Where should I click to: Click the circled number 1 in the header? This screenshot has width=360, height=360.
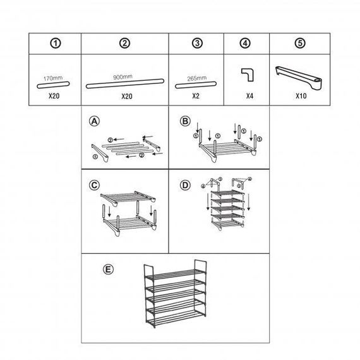pos(56,43)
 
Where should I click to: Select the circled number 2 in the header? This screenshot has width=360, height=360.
pos(124,43)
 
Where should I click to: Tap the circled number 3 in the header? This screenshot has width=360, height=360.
pos(197,43)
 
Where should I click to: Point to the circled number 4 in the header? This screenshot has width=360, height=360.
pos(245,43)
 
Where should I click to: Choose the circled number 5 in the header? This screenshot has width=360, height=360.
pos(300,43)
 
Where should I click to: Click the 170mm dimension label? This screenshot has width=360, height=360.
pos(53,78)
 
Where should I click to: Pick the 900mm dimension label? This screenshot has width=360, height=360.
pos(123,77)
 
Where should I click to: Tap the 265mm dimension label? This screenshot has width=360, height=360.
pos(197,78)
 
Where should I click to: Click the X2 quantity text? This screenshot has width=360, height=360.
pos(196,96)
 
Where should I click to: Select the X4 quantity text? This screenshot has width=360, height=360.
pos(250,96)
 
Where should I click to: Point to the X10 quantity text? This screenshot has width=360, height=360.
pos(301,96)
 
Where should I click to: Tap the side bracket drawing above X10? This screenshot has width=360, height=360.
pos(299,78)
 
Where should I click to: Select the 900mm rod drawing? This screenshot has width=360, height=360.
pos(125,84)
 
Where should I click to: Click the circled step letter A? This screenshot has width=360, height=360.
pos(94,121)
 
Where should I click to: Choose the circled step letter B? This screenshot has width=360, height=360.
pos(185,121)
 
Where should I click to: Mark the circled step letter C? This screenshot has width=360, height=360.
pos(94,185)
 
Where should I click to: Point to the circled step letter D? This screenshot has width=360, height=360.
pos(185,185)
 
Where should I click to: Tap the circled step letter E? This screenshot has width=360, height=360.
pos(108,269)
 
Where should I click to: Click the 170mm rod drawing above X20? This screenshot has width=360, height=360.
pos(53,85)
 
